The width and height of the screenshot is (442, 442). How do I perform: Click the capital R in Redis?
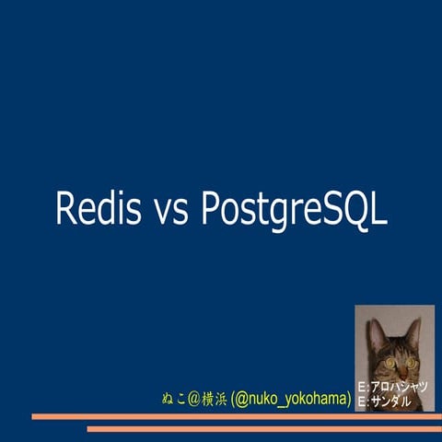coord(66,208)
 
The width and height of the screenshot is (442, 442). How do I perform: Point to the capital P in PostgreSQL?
coord(211,208)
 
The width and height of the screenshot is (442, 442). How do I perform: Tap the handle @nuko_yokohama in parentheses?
coord(291,399)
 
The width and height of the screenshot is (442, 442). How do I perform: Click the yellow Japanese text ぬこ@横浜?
coord(194,399)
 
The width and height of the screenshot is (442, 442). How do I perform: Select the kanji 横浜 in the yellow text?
coord(215,399)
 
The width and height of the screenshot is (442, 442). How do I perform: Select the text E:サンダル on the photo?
coord(384,401)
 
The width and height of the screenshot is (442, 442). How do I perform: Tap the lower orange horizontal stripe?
coord(262,428)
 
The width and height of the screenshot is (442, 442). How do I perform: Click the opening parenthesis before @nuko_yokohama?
coord(233,399)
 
